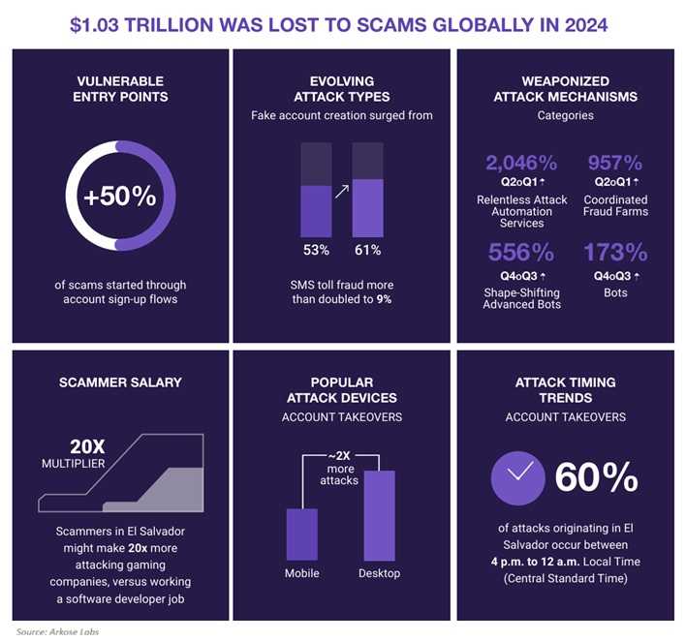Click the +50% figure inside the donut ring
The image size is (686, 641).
click(x=119, y=197)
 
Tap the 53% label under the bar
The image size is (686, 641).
click(x=316, y=251)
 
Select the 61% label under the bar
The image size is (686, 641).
click(x=367, y=251)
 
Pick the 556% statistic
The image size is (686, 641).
click(x=520, y=254)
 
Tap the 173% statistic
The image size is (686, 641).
click(x=615, y=254)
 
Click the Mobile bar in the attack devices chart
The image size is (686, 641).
click(x=302, y=534)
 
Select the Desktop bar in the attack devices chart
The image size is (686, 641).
click(x=378, y=514)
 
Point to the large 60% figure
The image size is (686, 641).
click(x=596, y=477)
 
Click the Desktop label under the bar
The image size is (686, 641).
click(x=379, y=574)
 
